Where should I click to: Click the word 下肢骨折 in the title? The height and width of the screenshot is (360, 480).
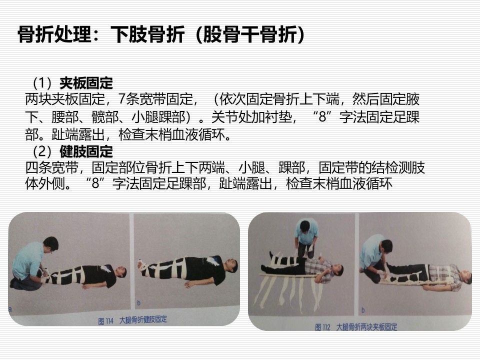pos(147,34)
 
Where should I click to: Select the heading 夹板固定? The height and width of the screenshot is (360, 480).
pos(86,83)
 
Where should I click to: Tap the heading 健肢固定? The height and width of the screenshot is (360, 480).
pos(86,151)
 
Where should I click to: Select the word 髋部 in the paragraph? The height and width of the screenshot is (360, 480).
pos(105,117)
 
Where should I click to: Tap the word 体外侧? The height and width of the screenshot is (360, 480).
pos(45,183)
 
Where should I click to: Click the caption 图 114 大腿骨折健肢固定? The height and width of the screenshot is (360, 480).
pos(132,320)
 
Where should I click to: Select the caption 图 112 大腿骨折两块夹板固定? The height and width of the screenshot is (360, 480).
pos(356,327)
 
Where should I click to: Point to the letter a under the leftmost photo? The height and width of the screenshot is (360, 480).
pos(10,309)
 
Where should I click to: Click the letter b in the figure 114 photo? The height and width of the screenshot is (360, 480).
pos(138,303)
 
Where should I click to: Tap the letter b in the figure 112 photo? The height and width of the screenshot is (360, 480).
pos(363,310)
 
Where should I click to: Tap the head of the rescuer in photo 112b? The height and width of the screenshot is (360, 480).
pos(386,246)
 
